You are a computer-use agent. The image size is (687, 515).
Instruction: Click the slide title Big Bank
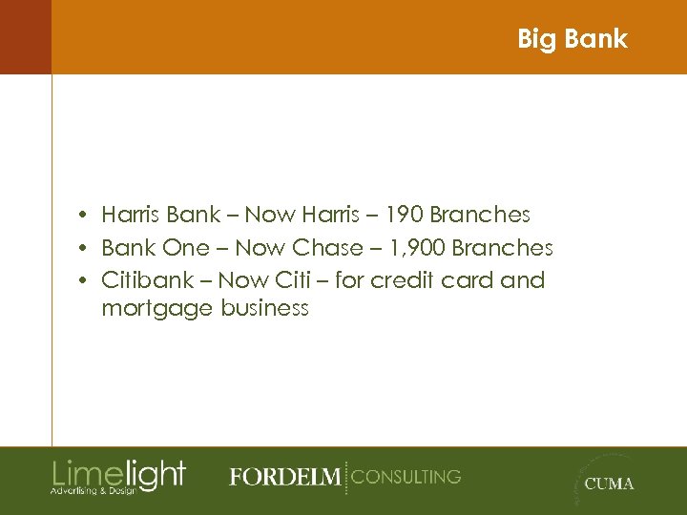pos(572,39)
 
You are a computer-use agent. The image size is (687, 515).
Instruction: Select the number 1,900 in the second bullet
pos(416,248)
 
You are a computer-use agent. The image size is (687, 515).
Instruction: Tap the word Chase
pos(327,248)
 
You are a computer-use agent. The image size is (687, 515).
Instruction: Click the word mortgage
pos(157,309)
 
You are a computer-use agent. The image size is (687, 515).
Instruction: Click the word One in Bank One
pos(185,248)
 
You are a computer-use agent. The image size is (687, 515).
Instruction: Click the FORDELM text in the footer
pos(283,477)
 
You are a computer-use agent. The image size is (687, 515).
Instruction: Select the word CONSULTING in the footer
pos(406,476)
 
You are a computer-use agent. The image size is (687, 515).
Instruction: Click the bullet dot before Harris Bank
pos(85,216)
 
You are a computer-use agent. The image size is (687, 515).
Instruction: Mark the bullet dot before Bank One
pos(85,249)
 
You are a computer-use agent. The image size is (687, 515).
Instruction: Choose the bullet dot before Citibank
pos(85,281)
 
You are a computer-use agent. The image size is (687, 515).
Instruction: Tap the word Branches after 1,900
pos(503,248)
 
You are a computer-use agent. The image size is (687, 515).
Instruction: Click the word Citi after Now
pos(293,280)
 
